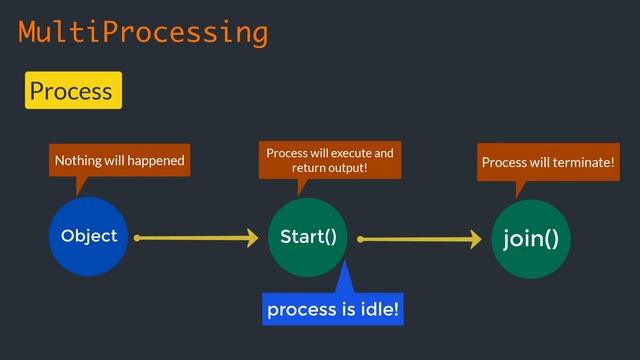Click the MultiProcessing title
pos(143,33)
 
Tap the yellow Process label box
pos(73,91)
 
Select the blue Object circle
pos(89,236)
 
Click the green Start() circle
pos(308,237)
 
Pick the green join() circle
pos(530,239)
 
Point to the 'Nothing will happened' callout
pos(119,160)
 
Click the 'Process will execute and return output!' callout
pos(329,160)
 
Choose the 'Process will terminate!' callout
pos(548,162)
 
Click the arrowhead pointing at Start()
pos(250,238)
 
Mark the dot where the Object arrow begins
pos(137,238)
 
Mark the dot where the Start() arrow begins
pos(360,239)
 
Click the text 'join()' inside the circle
pos(530,239)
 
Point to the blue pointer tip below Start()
pos(342,265)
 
